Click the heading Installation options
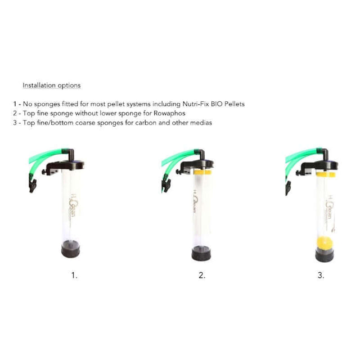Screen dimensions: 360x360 point(51,85)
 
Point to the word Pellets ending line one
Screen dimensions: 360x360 point(233,104)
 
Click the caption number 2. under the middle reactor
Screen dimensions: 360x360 point(201,275)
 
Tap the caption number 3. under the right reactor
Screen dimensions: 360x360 point(321,275)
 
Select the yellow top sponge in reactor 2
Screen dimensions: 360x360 point(202,171)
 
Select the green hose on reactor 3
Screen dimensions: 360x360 point(301,155)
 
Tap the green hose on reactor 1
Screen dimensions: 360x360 point(48,155)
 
